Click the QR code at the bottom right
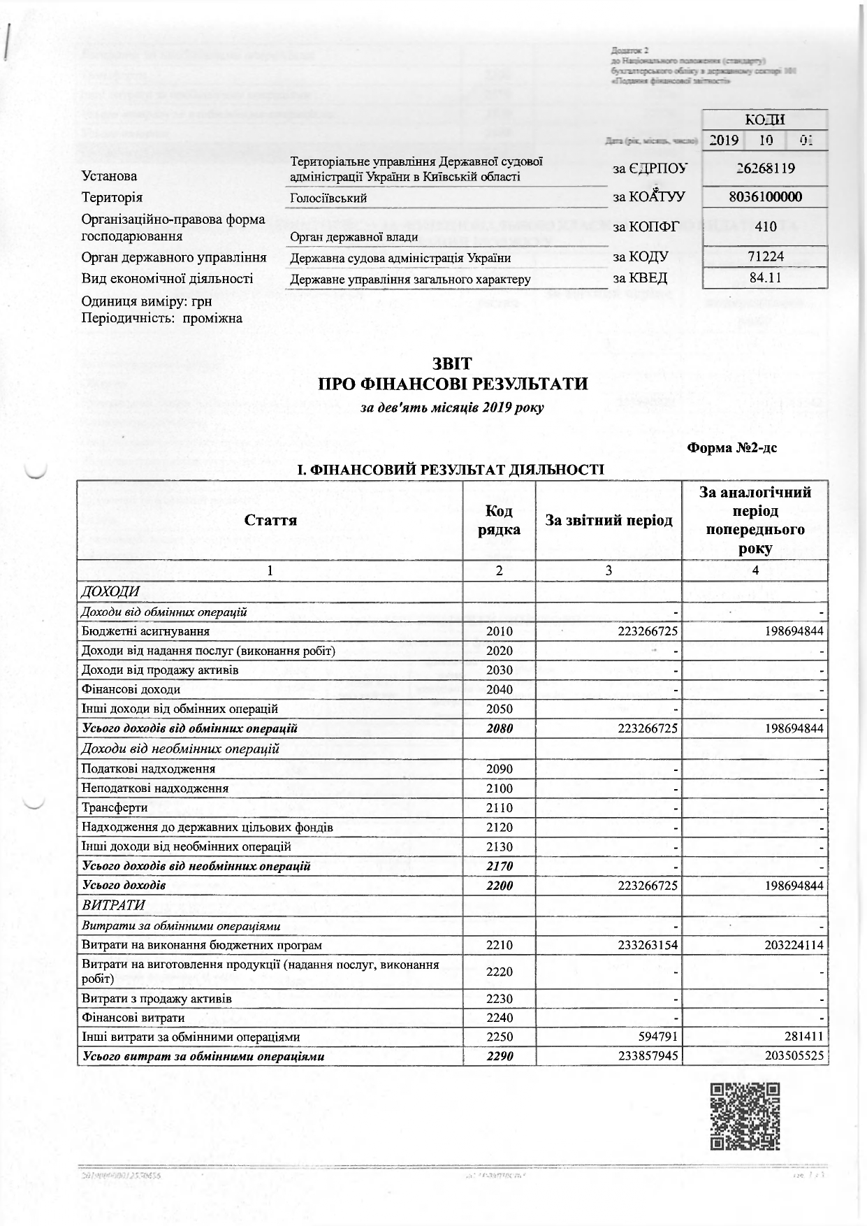(x=744, y=1117)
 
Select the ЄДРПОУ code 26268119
(x=765, y=168)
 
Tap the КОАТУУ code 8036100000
(x=765, y=197)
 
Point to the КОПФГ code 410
(x=765, y=227)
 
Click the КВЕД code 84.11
(x=765, y=277)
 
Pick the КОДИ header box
(x=765, y=120)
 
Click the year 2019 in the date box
(x=724, y=140)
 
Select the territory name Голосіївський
(x=328, y=199)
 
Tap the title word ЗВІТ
(x=452, y=364)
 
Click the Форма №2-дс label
(x=732, y=448)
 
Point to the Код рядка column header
(x=499, y=521)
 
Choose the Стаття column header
(x=270, y=521)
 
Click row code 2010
(x=499, y=632)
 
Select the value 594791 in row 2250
(x=657, y=1037)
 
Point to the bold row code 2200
(x=499, y=886)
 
